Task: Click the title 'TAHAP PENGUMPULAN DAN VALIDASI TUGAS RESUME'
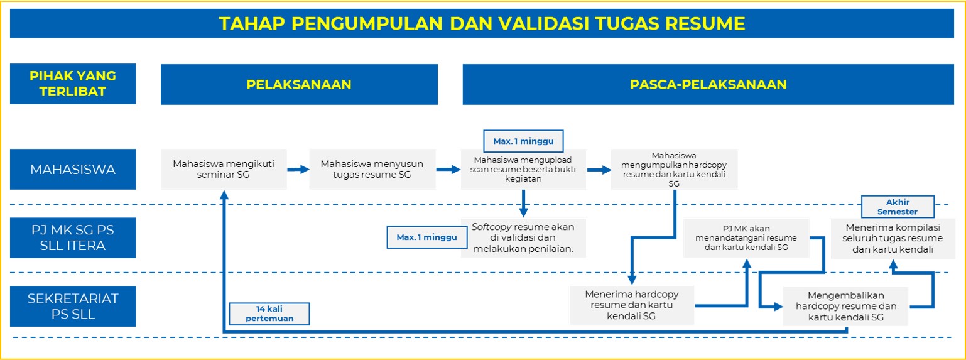tap(482, 23)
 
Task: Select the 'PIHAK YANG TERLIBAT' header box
tap(73, 84)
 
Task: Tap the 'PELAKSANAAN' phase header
tap(299, 84)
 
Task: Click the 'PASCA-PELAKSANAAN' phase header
tap(708, 84)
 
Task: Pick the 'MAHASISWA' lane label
tap(73, 169)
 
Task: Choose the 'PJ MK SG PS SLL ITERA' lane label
tap(73, 237)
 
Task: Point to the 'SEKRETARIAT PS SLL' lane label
tap(73, 306)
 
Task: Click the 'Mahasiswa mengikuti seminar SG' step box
tap(224, 169)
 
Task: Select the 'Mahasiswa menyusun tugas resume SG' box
tap(372, 169)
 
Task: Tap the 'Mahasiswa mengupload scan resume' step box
tap(523, 170)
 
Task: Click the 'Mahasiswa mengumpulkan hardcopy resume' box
tap(674, 169)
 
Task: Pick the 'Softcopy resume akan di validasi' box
tap(523, 238)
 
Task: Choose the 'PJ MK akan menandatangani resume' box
tap(746, 238)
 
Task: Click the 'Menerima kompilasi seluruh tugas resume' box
tap(893, 238)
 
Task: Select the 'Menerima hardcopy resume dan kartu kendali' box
tap(632, 305)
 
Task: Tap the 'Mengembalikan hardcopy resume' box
tap(845, 307)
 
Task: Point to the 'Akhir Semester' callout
tap(898, 207)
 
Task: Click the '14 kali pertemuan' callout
tap(269, 314)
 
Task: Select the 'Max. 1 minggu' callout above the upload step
tap(523, 141)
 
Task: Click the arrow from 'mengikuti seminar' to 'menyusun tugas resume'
tap(298, 170)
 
